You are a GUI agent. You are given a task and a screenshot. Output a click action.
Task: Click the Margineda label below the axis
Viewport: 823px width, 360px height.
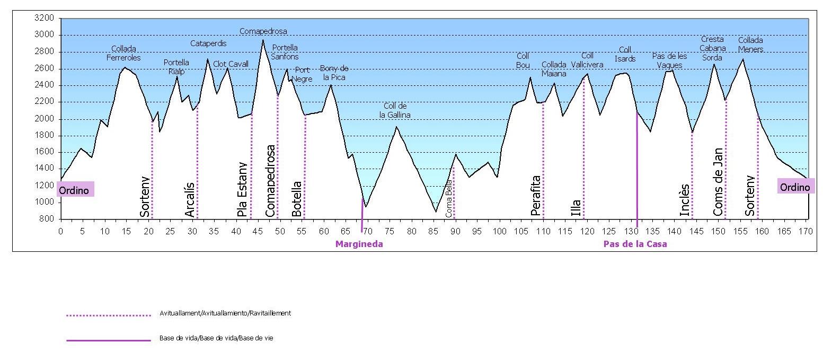tap(359, 244)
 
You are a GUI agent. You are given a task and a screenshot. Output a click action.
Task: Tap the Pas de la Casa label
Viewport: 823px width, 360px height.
tap(635, 244)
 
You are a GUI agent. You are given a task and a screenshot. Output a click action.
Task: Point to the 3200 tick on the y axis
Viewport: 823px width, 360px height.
tap(44, 18)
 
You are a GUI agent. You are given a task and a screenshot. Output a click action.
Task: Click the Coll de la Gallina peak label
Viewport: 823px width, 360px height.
tap(395, 110)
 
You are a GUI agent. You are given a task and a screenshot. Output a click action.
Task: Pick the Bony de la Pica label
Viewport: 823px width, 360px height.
tap(334, 73)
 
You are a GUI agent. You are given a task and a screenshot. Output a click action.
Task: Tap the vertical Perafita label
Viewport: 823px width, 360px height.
tap(536, 196)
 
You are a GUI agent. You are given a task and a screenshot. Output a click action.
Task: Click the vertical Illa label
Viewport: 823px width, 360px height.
tap(576, 207)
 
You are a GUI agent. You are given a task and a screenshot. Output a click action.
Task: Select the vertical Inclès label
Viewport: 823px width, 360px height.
tap(685, 200)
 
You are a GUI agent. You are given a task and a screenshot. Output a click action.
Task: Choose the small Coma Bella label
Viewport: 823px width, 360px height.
tap(449, 198)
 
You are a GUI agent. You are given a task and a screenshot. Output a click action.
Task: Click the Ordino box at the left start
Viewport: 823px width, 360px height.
tap(75, 190)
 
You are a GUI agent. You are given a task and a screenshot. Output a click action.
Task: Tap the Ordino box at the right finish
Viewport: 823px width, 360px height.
tap(795, 187)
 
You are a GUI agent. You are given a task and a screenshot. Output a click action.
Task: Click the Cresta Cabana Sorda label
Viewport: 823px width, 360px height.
tap(712, 48)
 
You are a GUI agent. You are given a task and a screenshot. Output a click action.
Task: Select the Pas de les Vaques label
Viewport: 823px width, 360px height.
tap(669, 60)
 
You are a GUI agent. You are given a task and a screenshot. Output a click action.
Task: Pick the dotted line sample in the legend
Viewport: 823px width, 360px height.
tap(109, 315)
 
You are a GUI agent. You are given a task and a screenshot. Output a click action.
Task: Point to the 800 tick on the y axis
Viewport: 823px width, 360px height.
tap(46, 218)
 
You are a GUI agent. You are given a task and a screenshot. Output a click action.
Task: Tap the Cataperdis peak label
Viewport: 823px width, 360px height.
tap(208, 43)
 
